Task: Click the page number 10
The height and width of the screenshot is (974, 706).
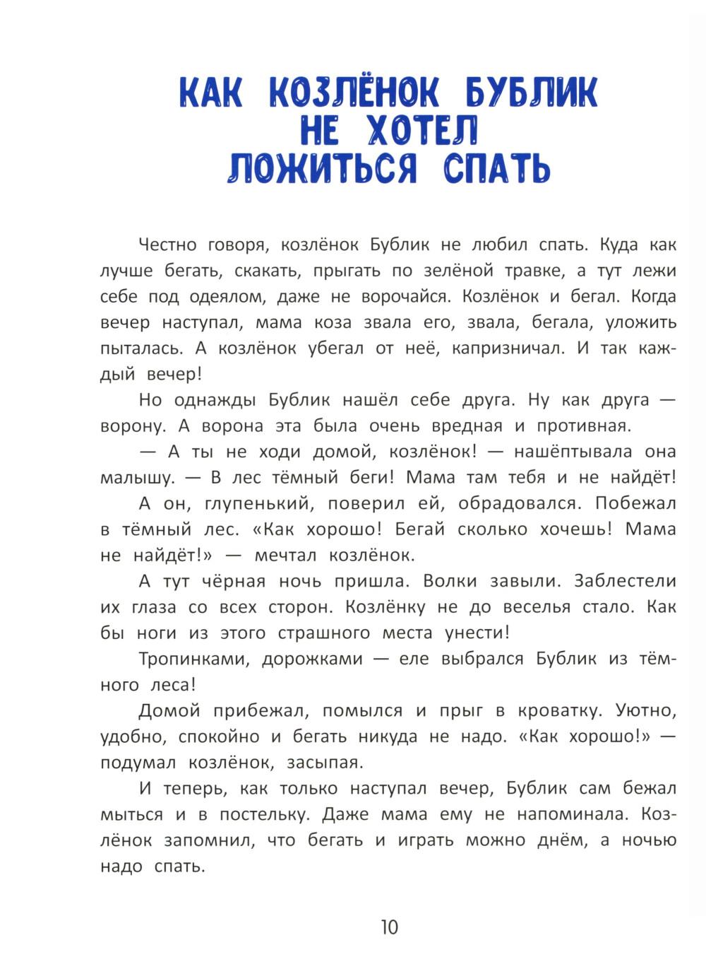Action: (x=389, y=927)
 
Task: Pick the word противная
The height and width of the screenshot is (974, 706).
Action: (x=582, y=426)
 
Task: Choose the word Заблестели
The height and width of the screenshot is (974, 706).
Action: (x=626, y=581)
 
